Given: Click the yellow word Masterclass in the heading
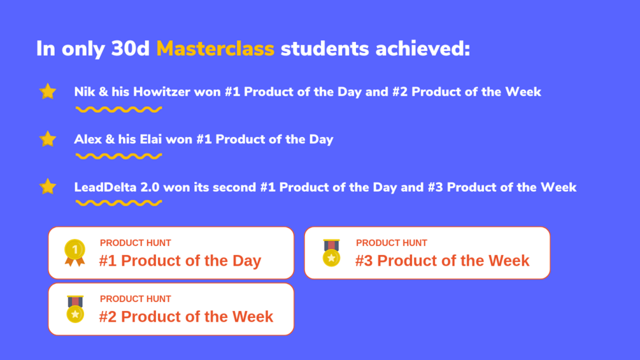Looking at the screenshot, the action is point(215,48).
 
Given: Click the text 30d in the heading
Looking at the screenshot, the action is point(131,48).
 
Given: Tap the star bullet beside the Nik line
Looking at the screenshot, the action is point(48,91).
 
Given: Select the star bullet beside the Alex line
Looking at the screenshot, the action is point(48,139).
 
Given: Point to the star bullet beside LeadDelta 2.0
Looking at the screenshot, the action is point(48,187).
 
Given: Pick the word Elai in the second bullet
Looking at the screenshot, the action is point(151,139).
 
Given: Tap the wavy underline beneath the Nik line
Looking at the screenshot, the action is point(119,110).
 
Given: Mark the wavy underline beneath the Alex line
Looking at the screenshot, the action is point(119,156).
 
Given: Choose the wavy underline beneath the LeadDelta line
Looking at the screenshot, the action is point(119,203).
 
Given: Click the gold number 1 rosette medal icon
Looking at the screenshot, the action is point(75,253).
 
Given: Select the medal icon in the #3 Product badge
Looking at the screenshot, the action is point(331,253).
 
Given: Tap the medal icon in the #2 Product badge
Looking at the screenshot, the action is point(75,309).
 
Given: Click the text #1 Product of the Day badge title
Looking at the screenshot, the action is point(180,261).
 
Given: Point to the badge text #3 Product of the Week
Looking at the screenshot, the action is point(442,261).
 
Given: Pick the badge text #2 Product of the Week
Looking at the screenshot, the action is point(186,317).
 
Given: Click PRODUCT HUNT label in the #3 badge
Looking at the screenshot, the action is point(392,243).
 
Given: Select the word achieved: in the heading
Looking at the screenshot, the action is point(423,48).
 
